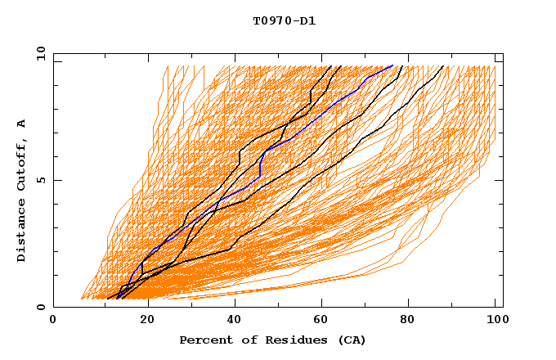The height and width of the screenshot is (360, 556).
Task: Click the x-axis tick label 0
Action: point(53,320)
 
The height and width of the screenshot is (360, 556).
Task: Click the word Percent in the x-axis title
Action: point(202,340)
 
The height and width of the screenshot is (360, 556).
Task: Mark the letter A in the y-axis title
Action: point(22,124)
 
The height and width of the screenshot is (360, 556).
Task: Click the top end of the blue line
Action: point(393,65)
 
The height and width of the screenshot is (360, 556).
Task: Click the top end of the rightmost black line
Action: point(443,66)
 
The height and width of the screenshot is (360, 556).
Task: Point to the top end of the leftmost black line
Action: point(330,66)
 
